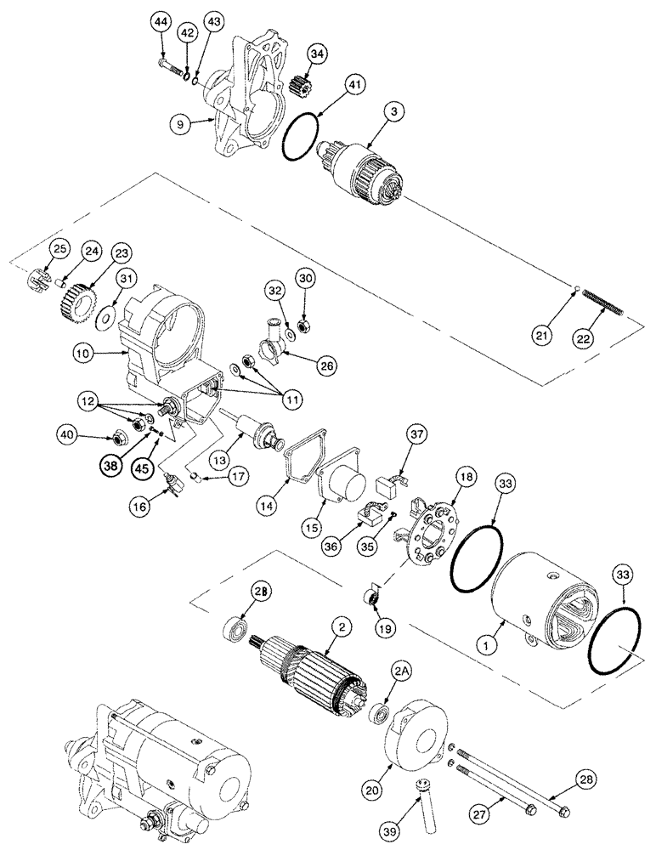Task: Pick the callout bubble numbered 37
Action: tap(416, 437)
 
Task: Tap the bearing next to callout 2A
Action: tap(379, 712)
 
